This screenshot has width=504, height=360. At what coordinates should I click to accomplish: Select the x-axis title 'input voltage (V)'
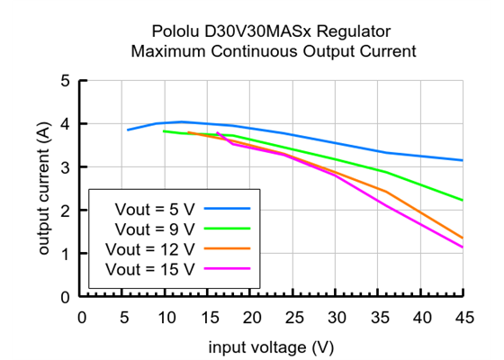(272, 346)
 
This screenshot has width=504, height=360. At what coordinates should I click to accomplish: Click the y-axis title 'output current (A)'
(43, 189)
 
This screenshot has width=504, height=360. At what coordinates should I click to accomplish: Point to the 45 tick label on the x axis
(463, 317)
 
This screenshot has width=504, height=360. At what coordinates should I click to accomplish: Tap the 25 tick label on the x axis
(293, 317)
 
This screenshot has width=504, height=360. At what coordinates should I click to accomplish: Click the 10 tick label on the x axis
(166, 317)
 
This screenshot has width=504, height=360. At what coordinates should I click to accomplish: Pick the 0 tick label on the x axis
(82, 317)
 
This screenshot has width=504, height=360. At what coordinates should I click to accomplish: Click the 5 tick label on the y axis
(65, 81)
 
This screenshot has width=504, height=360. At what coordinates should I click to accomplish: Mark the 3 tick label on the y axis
(65, 167)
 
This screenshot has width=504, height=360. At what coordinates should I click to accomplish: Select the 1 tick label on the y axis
(65, 254)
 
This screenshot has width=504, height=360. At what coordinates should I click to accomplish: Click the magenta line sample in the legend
(226, 268)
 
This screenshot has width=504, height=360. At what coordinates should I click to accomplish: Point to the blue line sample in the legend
(226, 207)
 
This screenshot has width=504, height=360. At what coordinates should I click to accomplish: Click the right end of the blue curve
(463, 160)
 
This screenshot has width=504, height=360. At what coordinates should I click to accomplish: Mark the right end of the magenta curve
(463, 247)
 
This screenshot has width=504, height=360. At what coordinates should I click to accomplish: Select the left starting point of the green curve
(163, 131)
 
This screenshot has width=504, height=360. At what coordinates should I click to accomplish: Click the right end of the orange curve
(463, 238)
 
